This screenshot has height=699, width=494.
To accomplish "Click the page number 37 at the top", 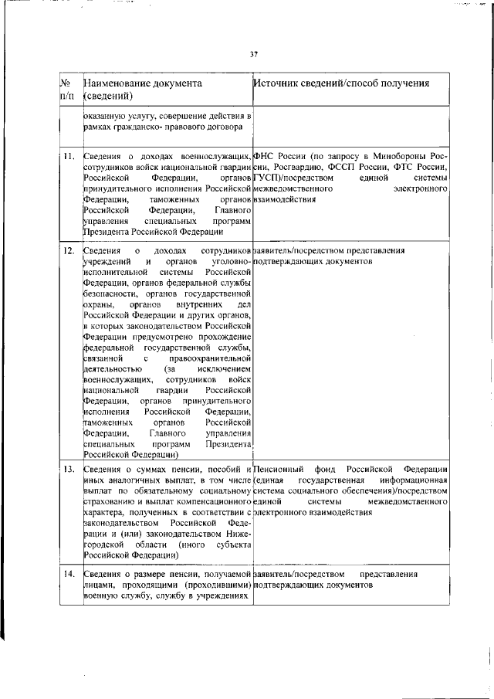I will [x=253, y=53].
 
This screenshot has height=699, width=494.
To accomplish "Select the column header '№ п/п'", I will [x=66, y=89].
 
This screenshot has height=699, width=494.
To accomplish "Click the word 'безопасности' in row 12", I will [x=110, y=294].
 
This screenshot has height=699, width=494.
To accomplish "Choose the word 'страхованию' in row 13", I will [x=110, y=501].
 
